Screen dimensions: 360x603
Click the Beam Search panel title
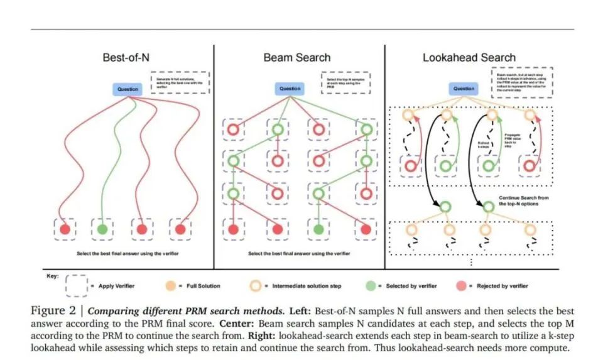coord(296,57)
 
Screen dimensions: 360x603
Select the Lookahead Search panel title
coord(469,57)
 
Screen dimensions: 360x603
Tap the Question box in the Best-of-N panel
coord(128,89)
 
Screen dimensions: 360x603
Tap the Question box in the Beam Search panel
coord(290,89)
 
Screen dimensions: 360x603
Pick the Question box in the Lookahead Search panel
coord(464,89)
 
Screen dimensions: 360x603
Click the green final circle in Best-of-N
coord(102,230)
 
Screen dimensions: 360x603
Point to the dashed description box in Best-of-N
coord(180,82)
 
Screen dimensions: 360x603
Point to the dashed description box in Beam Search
coord(347,82)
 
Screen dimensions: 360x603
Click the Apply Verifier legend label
coord(116,286)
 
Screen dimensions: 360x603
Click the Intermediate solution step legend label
coord(307,286)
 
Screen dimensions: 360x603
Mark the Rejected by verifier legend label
coord(503,286)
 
